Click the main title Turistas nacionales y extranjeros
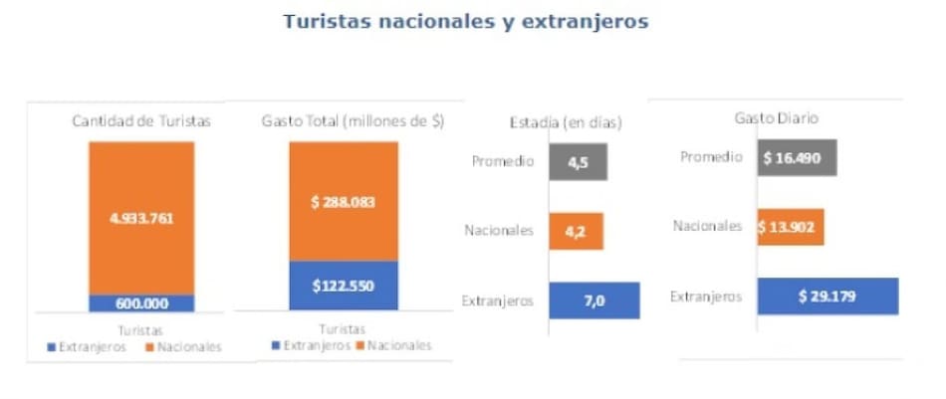[466, 22]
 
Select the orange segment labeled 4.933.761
[141, 218]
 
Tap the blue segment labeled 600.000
[141, 303]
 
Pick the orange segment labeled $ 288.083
[343, 201]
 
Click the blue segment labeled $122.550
[343, 286]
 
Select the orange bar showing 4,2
[576, 231]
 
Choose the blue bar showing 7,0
[593, 299]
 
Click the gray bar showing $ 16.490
[796, 158]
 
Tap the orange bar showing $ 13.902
[790, 227]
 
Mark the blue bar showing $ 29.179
[828, 296]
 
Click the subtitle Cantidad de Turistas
[141, 121]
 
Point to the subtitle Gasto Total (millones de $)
[353, 121]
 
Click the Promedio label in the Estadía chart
[506, 162]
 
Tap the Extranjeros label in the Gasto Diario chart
[706, 296]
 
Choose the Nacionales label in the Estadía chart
[500, 231]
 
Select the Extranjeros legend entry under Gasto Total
[310, 345]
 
